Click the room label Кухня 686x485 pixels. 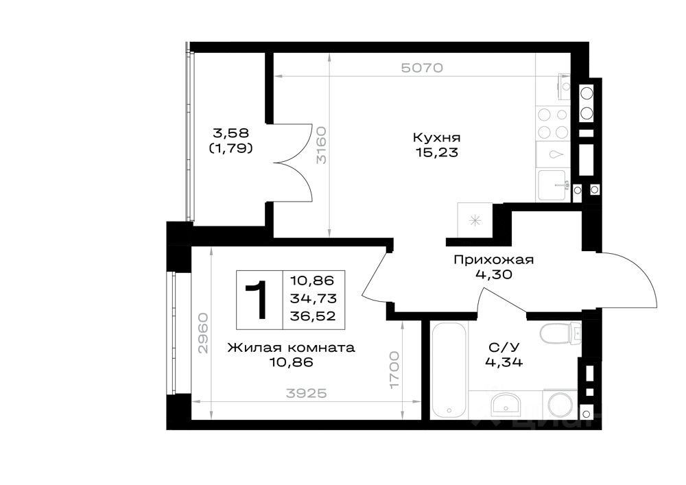436,138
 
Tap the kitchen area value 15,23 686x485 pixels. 436,152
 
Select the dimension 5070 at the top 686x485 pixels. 422,68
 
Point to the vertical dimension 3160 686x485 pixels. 322,144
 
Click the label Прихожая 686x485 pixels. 493,260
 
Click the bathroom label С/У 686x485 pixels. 504,348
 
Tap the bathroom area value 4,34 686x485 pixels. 504,362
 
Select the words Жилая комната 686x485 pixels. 291,348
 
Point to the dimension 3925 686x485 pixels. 307,394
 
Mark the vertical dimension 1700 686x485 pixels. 394,370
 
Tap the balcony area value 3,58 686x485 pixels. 230,132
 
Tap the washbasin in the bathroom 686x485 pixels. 505,405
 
